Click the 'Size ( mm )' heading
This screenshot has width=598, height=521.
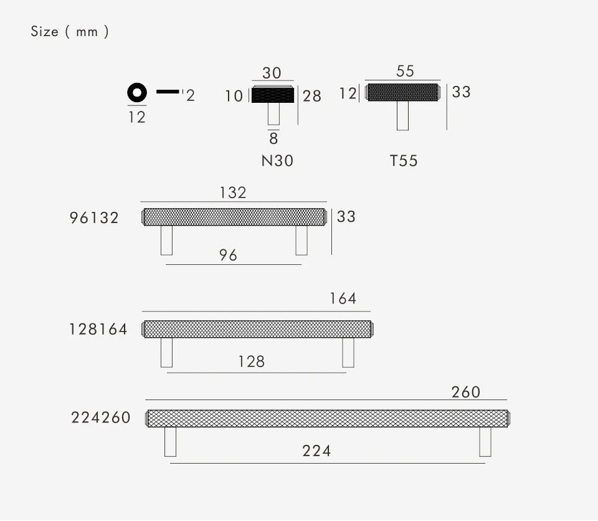pyautogui.click(x=70, y=31)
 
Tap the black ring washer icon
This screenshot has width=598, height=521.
pyautogui.click(x=131, y=93)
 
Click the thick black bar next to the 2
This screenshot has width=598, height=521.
pyautogui.click(x=168, y=92)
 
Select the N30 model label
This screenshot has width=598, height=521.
pyautogui.click(x=277, y=161)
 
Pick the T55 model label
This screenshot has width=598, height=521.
pyautogui.click(x=404, y=161)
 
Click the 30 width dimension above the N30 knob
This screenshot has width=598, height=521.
pyautogui.click(x=272, y=73)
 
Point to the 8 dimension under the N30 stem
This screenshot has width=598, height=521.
pyautogui.click(x=273, y=138)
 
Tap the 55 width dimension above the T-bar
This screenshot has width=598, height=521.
pyautogui.click(x=405, y=71)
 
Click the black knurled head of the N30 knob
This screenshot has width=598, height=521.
pyautogui.click(x=273, y=95)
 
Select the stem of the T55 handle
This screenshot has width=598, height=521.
pyautogui.click(x=403, y=116)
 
